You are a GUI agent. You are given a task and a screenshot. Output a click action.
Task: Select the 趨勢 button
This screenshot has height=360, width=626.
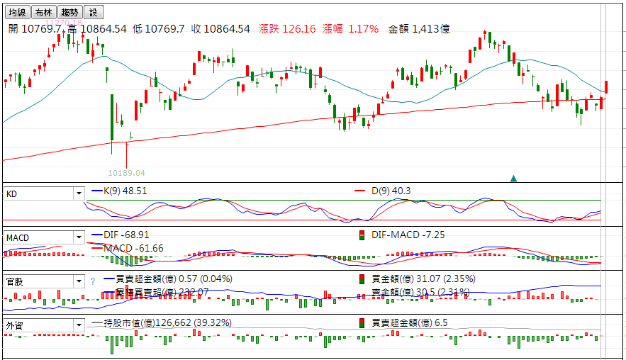click(69, 12)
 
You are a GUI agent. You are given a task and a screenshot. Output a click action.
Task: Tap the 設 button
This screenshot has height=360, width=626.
click(93, 12)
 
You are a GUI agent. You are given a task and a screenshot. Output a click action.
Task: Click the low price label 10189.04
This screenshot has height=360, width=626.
click(126, 173)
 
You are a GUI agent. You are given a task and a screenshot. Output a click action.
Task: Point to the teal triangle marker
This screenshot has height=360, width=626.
click(513, 178)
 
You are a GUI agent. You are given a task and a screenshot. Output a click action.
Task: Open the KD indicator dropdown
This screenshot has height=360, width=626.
click(78, 193)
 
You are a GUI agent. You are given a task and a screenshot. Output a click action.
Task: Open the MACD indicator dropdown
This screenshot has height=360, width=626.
click(78, 237)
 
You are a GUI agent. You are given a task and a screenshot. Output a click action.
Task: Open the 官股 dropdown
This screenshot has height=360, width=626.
click(78, 281)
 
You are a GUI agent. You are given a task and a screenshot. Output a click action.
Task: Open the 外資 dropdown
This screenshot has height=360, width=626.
click(78, 325)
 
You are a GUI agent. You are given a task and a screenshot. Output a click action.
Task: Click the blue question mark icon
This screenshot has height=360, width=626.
click(92, 281)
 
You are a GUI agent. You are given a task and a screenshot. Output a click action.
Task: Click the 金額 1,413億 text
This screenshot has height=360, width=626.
click(419, 29)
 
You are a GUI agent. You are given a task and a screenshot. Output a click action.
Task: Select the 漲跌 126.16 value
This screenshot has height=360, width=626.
click(287, 29)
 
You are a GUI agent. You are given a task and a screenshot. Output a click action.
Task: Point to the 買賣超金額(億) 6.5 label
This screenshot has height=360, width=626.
click(410, 322)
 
